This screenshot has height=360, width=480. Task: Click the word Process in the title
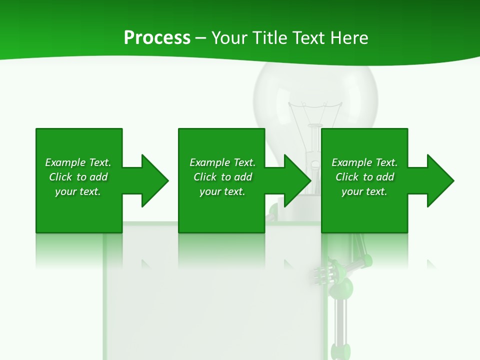157,38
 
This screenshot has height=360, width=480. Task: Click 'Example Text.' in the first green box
78,162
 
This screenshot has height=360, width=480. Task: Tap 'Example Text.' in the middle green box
222,162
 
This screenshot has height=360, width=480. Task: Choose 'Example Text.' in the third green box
364,162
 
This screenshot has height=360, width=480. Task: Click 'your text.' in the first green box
78,191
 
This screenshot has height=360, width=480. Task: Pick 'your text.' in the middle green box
222,191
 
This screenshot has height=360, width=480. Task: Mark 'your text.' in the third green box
364,191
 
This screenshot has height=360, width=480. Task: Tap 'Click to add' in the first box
78,177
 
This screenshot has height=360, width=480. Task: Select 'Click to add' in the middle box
222,177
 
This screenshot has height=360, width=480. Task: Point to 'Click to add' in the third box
364,177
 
